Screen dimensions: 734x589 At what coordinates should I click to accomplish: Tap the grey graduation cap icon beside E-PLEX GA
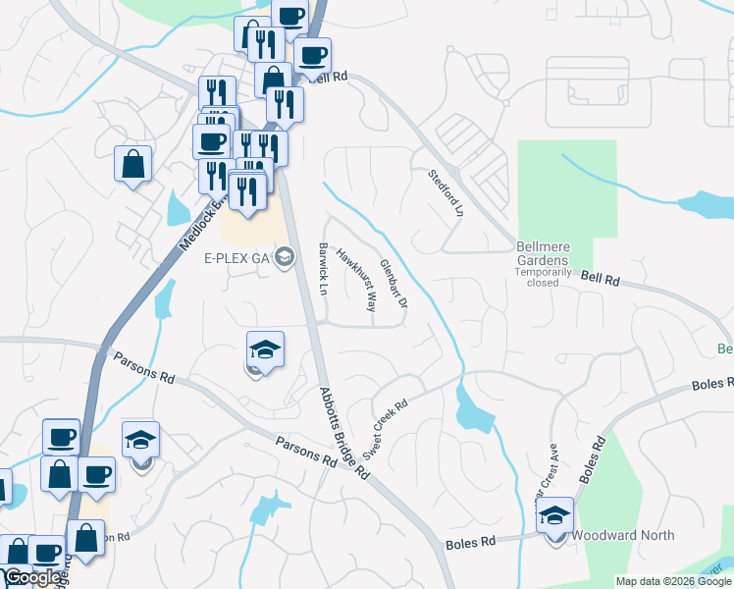point(285,258)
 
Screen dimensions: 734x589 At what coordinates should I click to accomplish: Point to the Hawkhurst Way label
point(357,280)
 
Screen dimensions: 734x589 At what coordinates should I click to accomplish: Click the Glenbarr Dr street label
point(393,279)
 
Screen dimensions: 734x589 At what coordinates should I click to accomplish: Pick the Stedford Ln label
point(445,192)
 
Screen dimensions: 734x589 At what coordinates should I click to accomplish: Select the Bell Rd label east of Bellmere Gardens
point(601,280)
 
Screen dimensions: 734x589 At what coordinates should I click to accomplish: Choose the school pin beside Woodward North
point(555,516)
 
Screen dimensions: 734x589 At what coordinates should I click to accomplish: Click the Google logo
point(32,578)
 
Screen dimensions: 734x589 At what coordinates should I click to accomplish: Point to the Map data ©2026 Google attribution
point(673,581)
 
